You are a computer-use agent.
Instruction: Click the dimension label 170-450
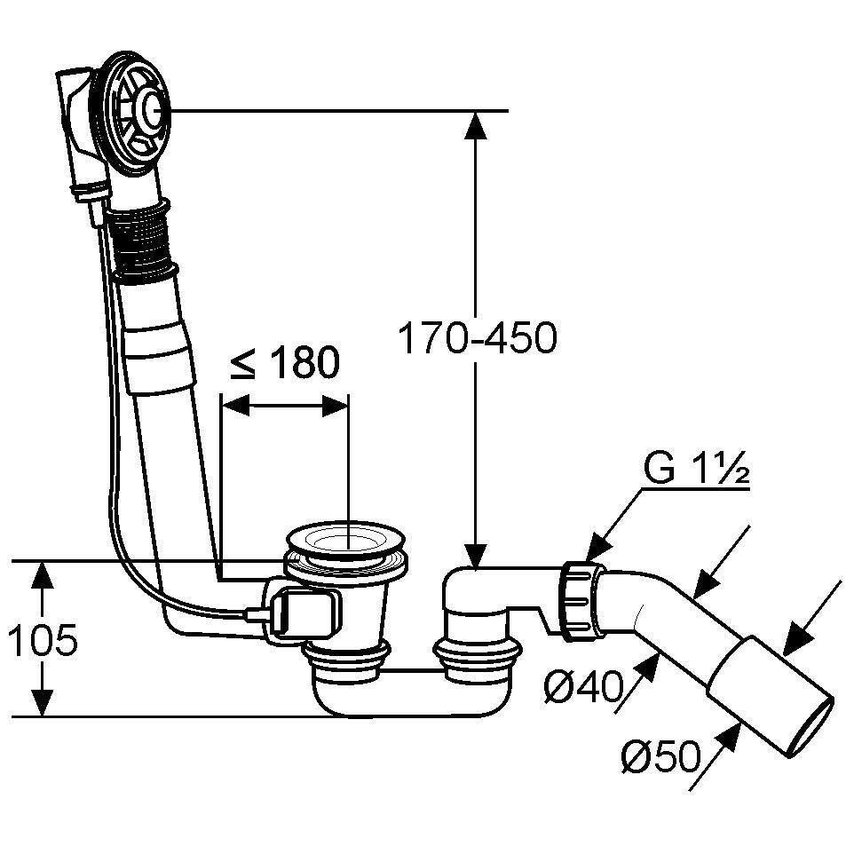pos(478,337)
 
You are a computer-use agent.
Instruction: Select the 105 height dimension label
pos(43,639)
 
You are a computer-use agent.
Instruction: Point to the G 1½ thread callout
pos(696,469)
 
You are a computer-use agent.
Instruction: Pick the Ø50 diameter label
pos(660,756)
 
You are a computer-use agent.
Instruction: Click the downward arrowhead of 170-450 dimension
pos(477,556)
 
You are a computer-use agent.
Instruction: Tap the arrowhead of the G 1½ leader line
pos(597,549)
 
